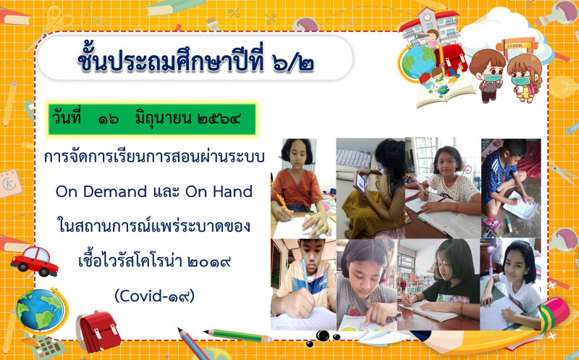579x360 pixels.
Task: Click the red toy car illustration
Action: click(x=34, y=261)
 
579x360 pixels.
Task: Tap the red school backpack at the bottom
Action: click(x=98, y=331)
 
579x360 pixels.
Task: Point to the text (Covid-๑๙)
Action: click(x=154, y=296)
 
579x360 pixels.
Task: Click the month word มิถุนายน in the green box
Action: click(x=163, y=118)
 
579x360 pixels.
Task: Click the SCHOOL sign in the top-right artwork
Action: click(x=515, y=46)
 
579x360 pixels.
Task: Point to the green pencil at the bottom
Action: click(x=238, y=335)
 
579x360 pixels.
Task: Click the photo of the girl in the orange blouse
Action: click(x=303, y=188)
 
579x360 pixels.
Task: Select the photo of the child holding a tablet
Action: click(x=371, y=188)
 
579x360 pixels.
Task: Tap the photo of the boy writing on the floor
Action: click(x=511, y=188)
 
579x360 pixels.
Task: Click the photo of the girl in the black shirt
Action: click(x=439, y=284)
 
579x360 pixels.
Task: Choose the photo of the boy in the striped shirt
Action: click(x=303, y=284)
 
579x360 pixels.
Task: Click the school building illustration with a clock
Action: click(x=430, y=28)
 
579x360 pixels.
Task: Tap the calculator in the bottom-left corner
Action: click(x=47, y=347)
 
